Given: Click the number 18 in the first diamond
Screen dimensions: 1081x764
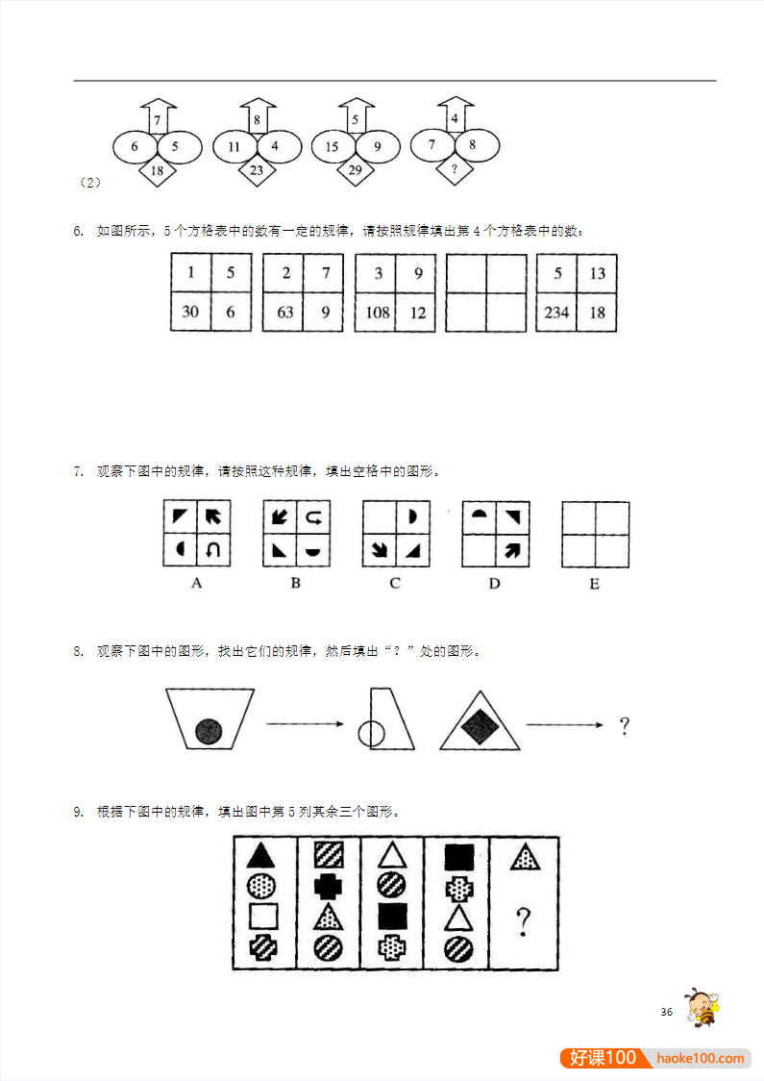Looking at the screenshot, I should coord(158,171).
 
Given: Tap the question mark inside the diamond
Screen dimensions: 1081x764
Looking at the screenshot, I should coord(454,168).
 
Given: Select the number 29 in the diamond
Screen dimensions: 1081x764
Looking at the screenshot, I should coord(356,170).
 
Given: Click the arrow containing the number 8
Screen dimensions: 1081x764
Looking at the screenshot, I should coord(257,118).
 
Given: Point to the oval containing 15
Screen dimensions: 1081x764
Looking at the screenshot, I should coord(333,147).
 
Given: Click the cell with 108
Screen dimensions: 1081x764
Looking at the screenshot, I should coord(375,312).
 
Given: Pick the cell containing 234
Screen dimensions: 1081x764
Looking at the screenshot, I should coord(556,312).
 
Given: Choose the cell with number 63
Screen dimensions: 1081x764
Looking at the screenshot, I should coord(283,312).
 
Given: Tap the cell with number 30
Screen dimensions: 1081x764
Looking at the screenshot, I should coord(190,312).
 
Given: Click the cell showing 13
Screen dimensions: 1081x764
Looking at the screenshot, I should coord(597,273).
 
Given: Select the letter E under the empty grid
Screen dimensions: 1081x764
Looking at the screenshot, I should coord(594,584).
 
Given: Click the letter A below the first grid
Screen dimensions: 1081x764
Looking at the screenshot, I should coord(196,583).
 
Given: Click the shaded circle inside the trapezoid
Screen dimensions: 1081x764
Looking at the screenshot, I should coord(209,731).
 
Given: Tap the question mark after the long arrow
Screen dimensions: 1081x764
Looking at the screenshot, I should coord(624,725).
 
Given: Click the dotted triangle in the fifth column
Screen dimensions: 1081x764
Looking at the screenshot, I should coord(524,856).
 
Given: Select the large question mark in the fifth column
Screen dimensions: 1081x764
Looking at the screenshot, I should coord(523,922).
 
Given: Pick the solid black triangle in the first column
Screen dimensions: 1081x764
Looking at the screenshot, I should coord(262,855).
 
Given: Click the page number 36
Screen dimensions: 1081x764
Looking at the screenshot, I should coord(666,1012).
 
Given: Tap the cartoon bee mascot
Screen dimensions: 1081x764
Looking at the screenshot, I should coord(702,1006).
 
